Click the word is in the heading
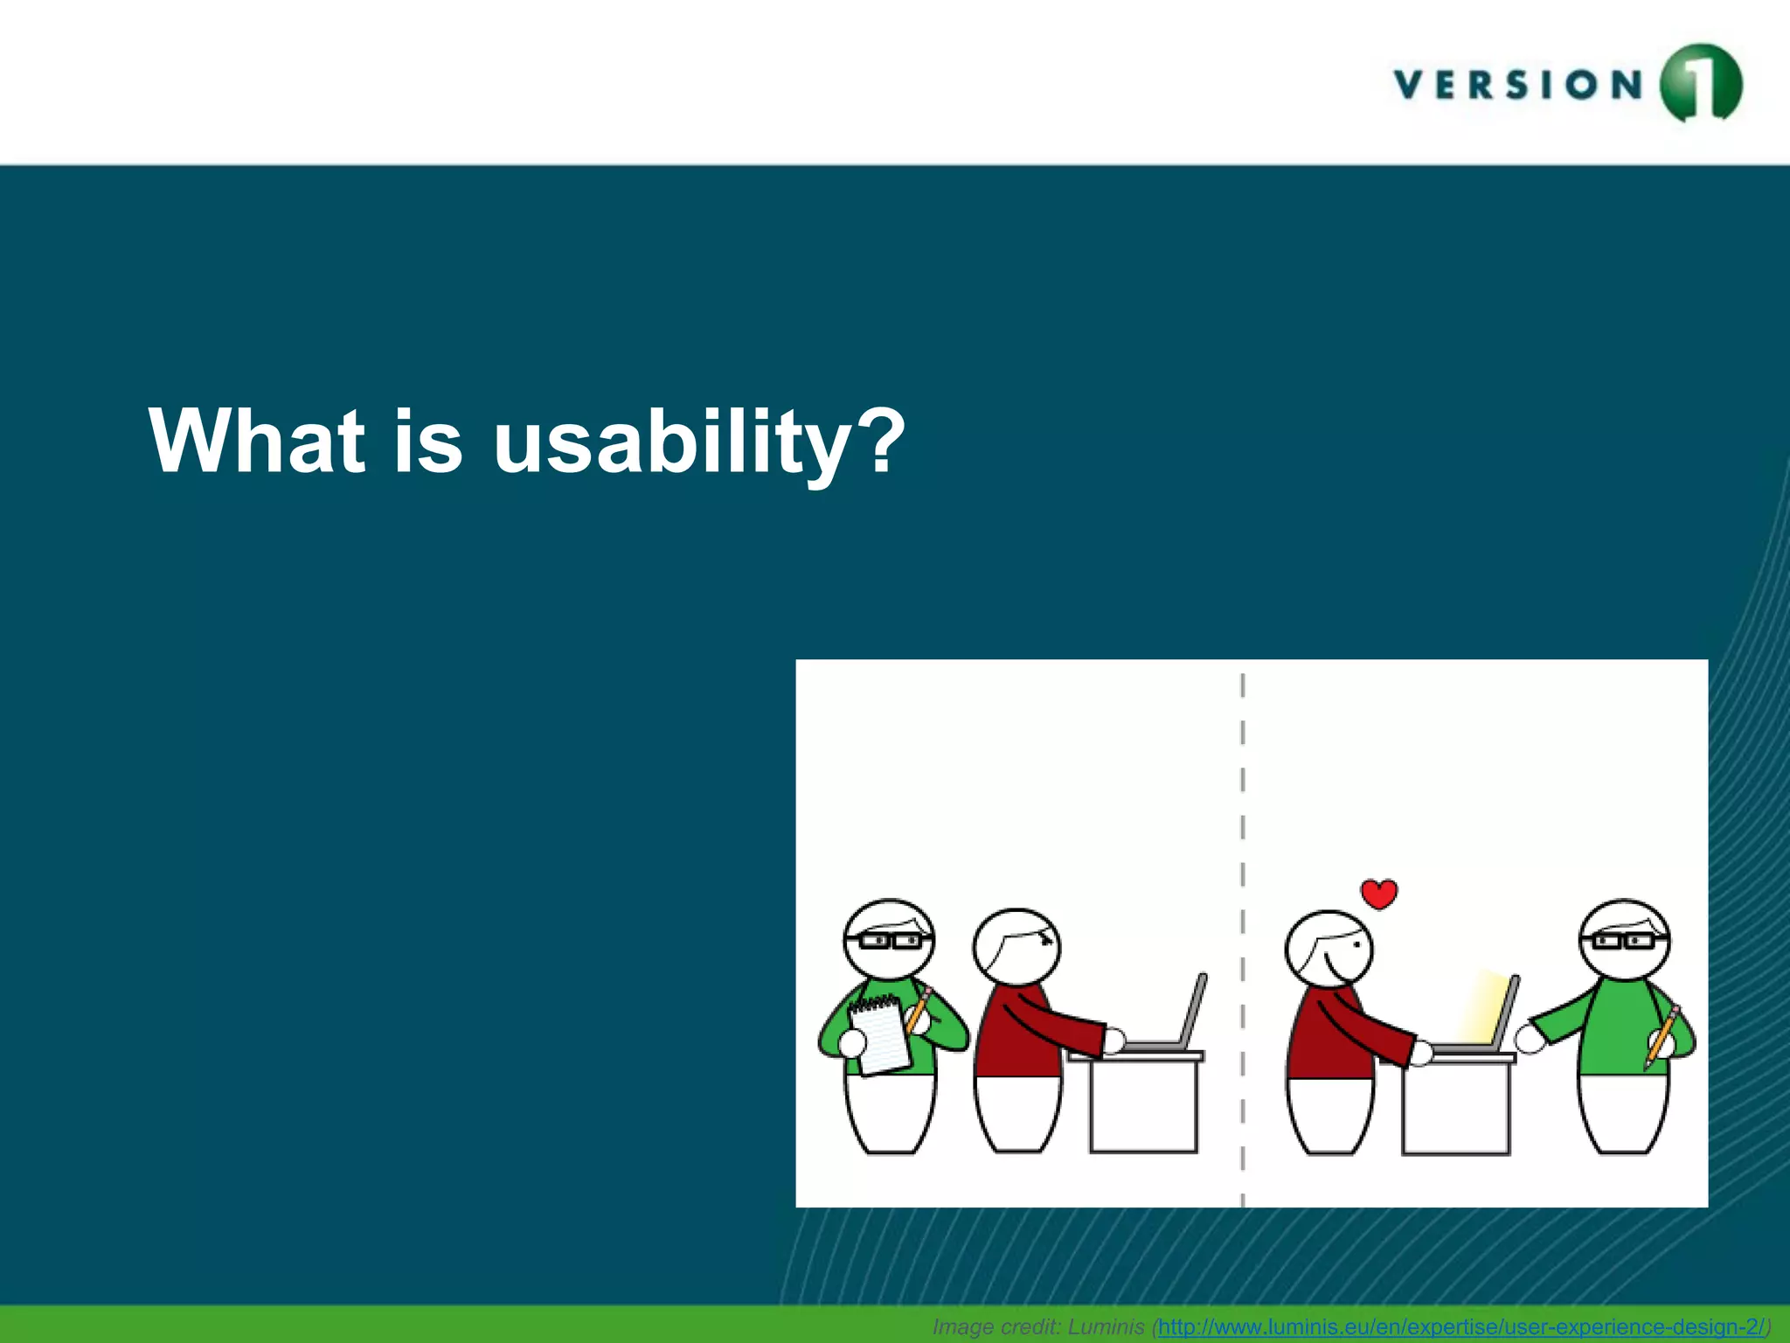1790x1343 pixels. [x=427, y=442]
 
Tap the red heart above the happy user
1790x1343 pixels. [x=1379, y=894]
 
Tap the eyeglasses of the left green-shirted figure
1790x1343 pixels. [x=889, y=941]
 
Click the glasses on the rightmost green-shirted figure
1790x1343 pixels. [x=1623, y=941]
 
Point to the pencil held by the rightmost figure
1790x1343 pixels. [x=1660, y=1036]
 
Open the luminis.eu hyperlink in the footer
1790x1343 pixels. [x=1460, y=1326]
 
